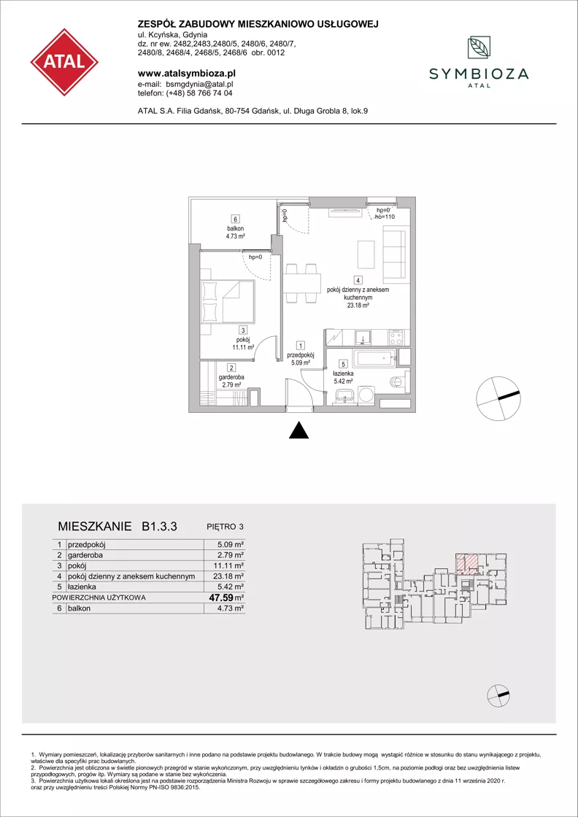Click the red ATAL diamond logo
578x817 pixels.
coord(64,62)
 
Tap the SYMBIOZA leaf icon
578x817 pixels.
coord(478,48)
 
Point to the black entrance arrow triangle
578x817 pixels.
coord(298,430)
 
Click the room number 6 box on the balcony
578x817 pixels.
coord(236,220)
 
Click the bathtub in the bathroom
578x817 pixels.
coord(374,357)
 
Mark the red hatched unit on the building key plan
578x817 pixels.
coord(466,564)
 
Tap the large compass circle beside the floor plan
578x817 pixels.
coord(498,398)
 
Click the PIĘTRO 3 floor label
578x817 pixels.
coord(223,527)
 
